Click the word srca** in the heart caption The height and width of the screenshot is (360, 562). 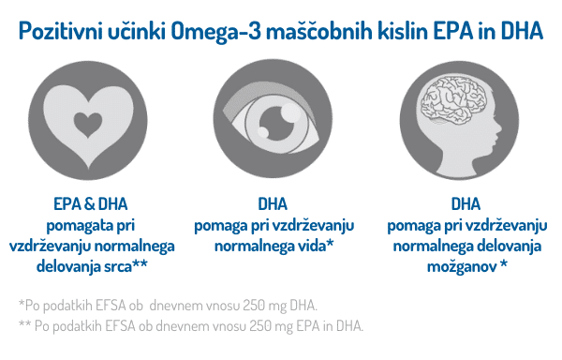tap(126, 267)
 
